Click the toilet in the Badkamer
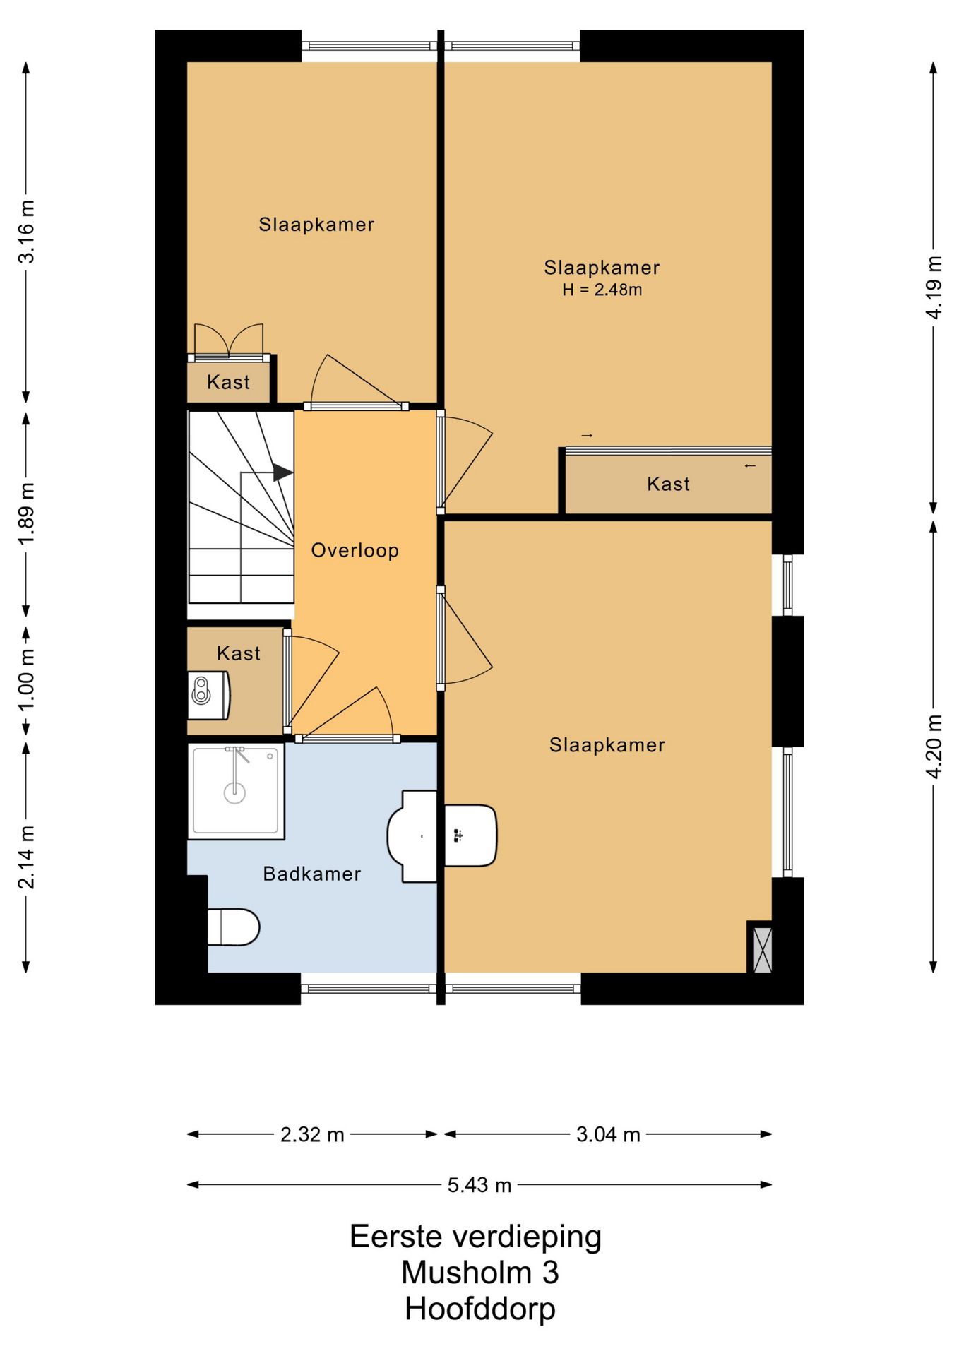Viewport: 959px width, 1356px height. (x=234, y=927)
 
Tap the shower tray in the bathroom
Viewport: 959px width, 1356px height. (x=236, y=791)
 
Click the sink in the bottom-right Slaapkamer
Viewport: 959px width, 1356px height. (x=470, y=835)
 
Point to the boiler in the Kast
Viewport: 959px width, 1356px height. (x=209, y=696)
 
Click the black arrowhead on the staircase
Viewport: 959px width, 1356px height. (x=283, y=472)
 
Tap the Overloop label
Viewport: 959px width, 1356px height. (x=355, y=550)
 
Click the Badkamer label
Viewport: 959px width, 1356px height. (x=312, y=874)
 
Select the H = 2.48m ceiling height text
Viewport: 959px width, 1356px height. (x=602, y=290)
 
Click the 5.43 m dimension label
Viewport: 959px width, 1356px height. (x=480, y=1185)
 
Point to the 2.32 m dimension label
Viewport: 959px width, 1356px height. (x=312, y=1135)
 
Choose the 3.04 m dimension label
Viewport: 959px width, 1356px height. (x=608, y=1135)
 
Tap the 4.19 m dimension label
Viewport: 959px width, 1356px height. (x=934, y=287)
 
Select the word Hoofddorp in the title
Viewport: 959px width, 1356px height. (x=480, y=1309)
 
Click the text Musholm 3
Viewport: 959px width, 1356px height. (x=480, y=1273)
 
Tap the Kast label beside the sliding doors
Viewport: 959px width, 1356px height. (x=669, y=484)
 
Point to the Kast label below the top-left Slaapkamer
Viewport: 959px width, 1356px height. (x=229, y=382)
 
